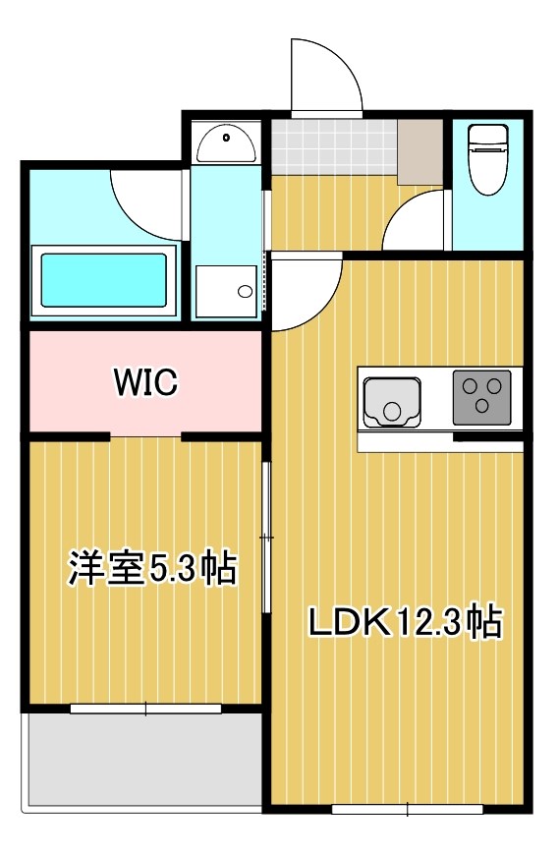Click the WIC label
145,381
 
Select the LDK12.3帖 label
406,623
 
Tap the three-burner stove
481,397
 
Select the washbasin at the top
226,145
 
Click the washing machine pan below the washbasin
226,291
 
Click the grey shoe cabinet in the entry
420,152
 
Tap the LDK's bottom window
407,810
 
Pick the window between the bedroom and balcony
145,708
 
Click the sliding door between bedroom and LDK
265,538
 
